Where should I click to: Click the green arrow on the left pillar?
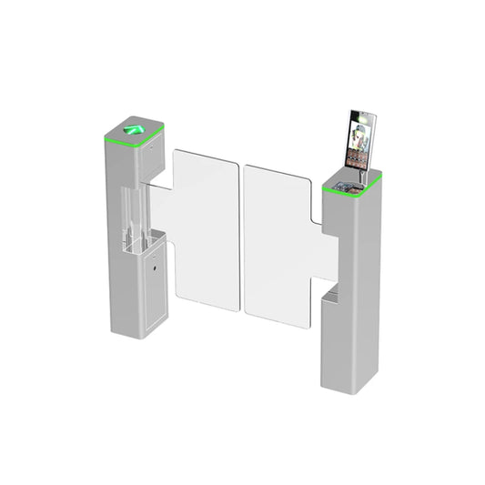tap(134, 128)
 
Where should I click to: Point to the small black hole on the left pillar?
tap(156, 270)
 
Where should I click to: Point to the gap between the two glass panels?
tap(241, 237)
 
